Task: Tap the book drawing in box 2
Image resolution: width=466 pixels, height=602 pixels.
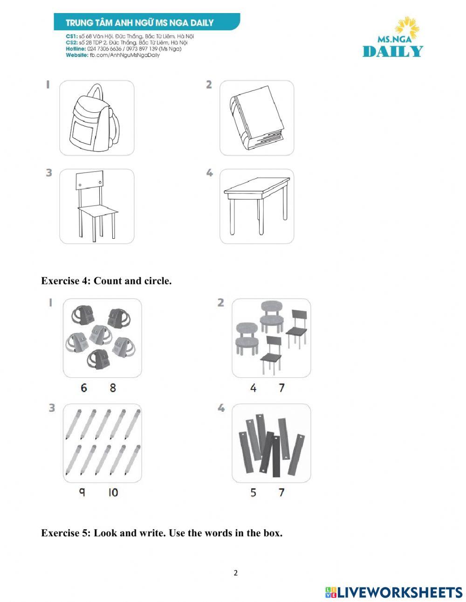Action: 257,118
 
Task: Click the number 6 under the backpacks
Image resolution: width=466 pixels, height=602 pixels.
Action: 84,387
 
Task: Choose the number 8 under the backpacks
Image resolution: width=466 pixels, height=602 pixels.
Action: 113,387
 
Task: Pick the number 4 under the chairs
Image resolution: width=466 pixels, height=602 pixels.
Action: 253,387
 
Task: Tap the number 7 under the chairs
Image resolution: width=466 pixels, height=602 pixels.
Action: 281,387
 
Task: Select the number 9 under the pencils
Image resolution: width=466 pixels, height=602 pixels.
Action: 82,492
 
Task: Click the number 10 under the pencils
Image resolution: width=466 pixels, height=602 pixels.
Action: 113,492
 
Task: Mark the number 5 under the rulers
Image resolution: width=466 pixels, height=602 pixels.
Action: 253,492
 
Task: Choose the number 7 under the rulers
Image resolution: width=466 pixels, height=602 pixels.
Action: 281,492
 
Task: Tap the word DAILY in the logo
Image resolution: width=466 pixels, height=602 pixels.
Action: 393,51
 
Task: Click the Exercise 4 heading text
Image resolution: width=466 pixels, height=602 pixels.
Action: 106,281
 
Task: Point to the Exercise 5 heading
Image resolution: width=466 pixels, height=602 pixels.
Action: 161,533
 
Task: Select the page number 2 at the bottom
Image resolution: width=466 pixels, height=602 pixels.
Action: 235,573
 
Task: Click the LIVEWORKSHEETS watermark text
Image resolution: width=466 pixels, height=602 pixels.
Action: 399,592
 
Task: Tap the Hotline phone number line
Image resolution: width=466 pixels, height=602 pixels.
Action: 123,49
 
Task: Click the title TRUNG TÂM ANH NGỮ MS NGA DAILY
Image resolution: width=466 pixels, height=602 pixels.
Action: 140,22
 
